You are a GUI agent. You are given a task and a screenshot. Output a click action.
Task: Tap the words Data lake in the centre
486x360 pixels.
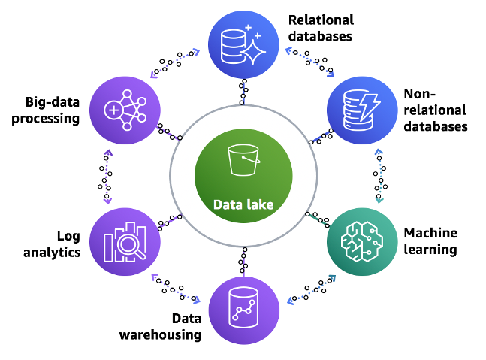243,204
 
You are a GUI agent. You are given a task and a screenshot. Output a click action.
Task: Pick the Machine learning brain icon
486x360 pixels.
360,241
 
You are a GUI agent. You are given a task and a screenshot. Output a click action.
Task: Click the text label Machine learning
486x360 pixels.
430,241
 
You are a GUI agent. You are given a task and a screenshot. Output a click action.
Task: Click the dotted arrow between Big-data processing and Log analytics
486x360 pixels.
107,177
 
